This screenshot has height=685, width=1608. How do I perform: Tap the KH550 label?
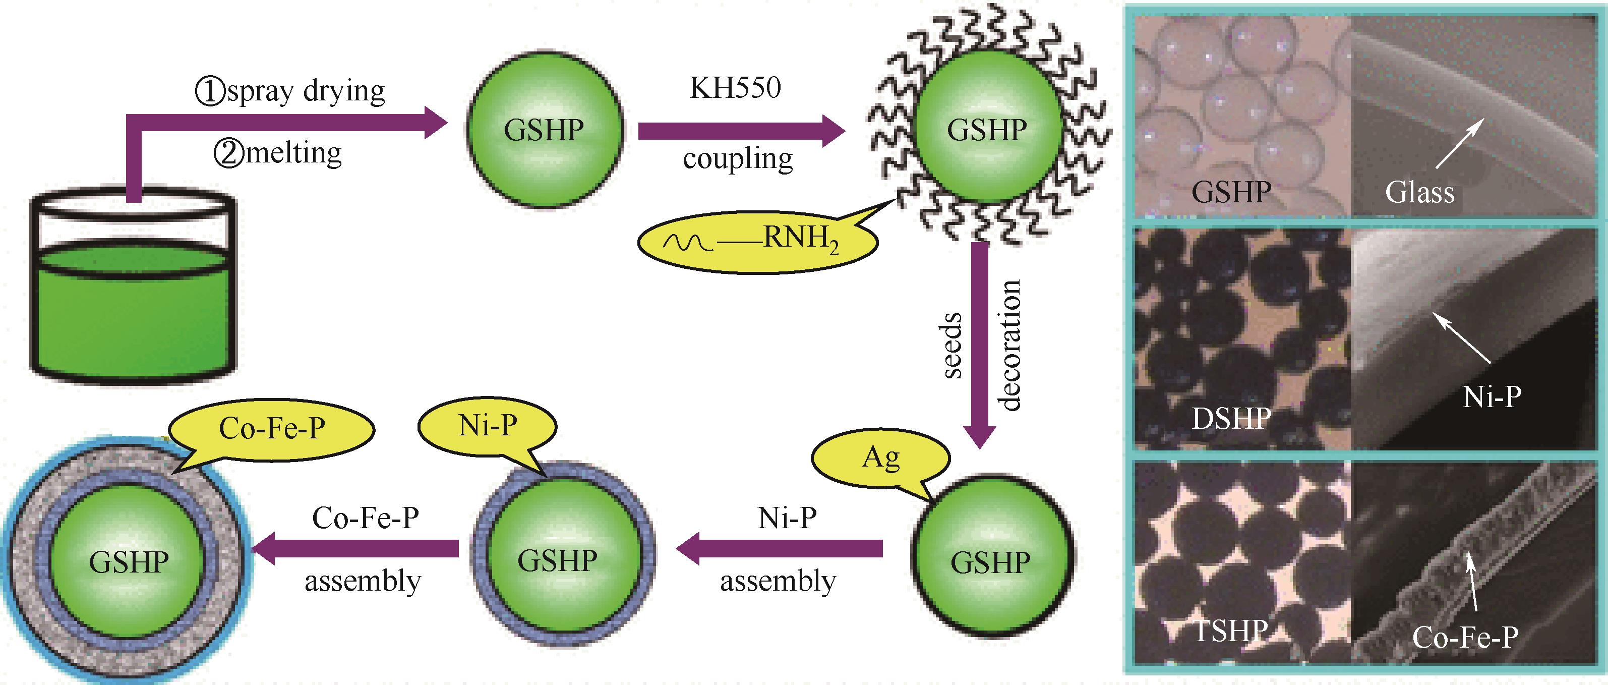735,88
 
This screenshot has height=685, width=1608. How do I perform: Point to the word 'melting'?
293,153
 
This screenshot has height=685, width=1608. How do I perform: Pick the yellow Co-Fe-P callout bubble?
272,429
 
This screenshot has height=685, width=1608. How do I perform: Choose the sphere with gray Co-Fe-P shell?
129,561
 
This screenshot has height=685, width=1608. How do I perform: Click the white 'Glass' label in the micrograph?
1419,192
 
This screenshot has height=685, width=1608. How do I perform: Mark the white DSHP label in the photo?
1231,419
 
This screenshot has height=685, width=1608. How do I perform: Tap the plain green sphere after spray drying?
545,130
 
